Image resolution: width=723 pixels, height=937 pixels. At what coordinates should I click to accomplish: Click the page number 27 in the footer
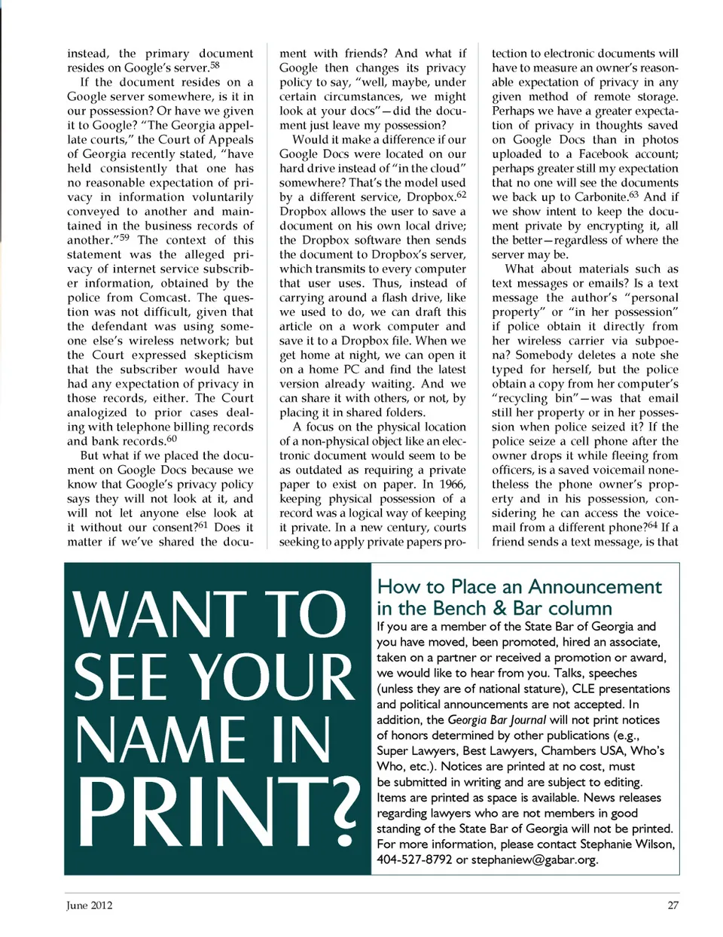(x=673, y=905)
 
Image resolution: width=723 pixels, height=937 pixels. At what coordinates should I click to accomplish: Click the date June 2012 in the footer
(x=89, y=905)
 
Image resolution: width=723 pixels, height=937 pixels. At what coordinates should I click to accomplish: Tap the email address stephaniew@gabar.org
(x=534, y=859)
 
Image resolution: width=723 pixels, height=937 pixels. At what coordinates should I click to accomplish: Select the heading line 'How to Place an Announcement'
(x=519, y=586)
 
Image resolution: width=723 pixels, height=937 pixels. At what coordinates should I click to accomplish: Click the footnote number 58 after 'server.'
(x=215, y=65)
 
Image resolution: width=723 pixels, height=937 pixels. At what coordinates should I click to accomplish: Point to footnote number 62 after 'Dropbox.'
(x=461, y=195)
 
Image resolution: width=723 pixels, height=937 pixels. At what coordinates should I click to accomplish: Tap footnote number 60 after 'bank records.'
(x=172, y=439)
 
